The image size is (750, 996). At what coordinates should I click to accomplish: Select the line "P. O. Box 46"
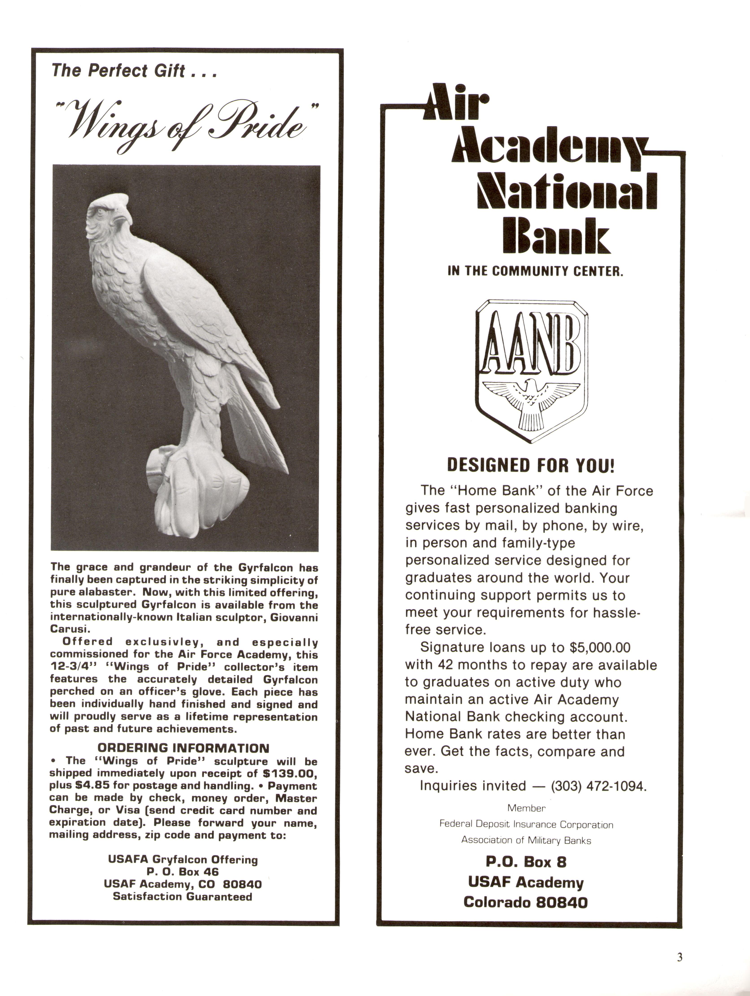[x=183, y=872]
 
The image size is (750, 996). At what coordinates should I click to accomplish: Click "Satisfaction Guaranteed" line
[x=183, y=897]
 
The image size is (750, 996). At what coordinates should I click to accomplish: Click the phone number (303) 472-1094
[x=598, y=786]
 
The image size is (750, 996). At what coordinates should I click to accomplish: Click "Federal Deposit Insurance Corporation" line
[x=526, y=824]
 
